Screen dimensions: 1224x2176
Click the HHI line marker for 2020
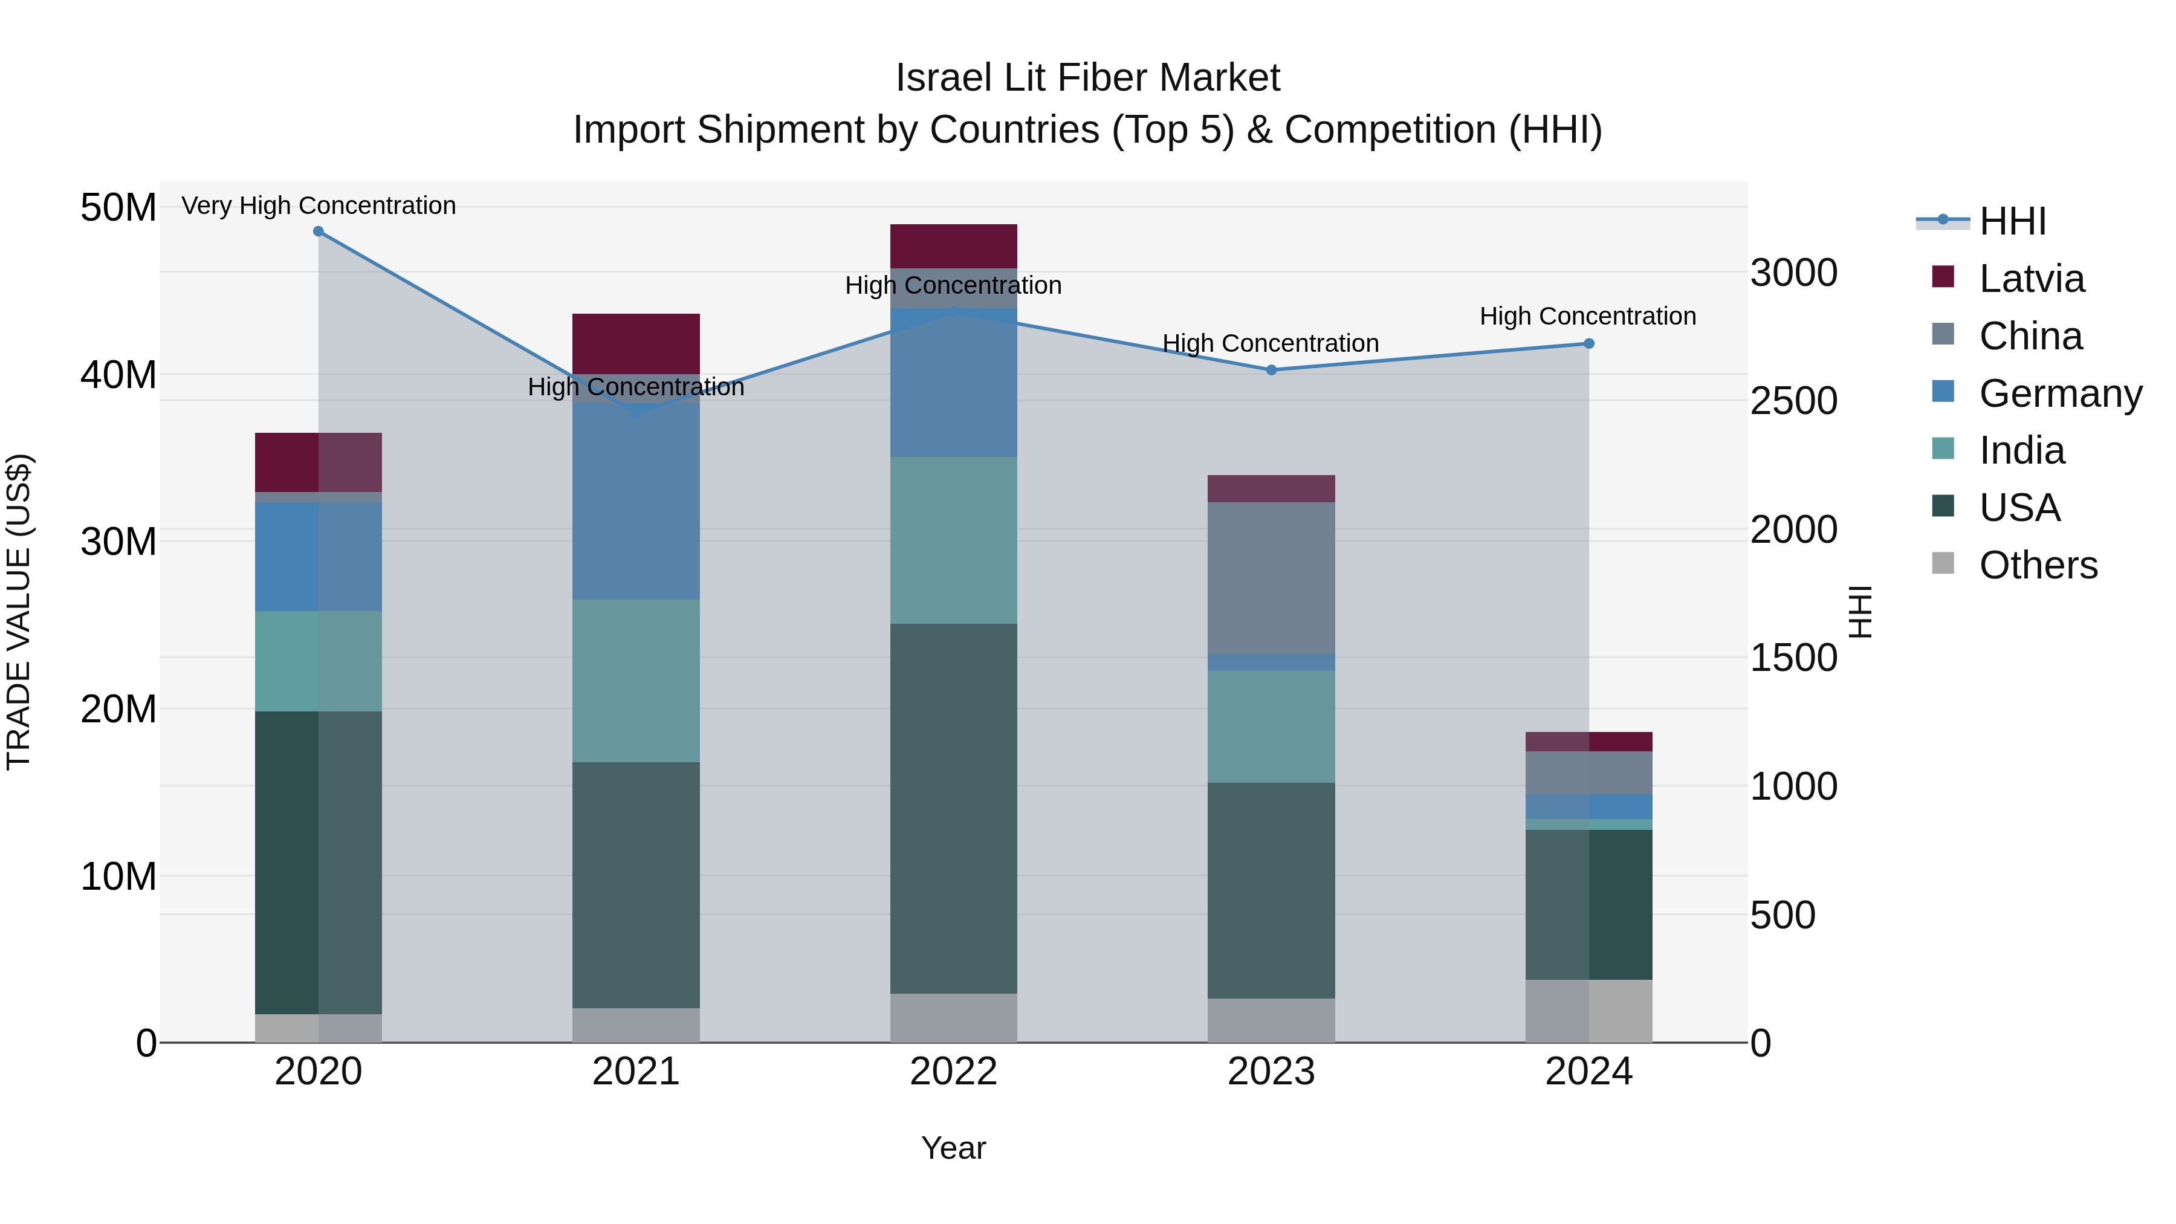(x=319, y=232)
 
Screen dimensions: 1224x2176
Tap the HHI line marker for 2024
(x=1589, y=344)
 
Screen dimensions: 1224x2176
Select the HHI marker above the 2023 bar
(x=1271, y=370)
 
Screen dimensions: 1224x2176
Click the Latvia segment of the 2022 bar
(x=954, y=246)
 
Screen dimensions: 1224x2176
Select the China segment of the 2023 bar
(x=1271, y=578)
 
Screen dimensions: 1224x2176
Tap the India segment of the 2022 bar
(x=954, y=540)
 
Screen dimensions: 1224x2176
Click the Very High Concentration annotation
(x=319, y=206)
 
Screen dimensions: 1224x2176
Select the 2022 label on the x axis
(x=954, y=1072)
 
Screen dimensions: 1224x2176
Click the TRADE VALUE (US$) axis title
(x=19, y=612)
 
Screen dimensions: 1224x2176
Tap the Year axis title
(x=954, y=1148)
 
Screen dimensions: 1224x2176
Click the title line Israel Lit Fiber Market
(x=1087, y=78)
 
